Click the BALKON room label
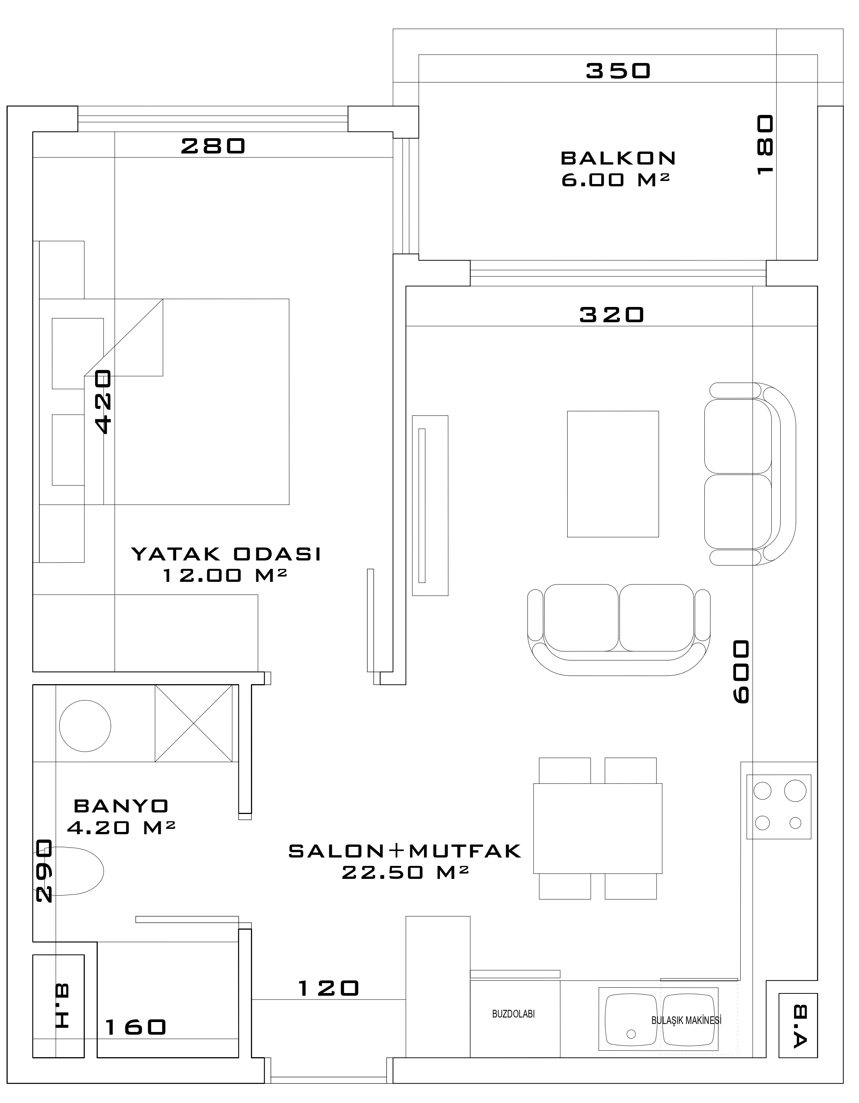coord(618,158)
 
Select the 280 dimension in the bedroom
coord(213,147)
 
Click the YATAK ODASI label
coord(226,554)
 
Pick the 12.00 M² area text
coord(225,575)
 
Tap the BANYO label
coord(121,806)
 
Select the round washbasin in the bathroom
coord(85,726)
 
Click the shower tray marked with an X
coord(194,723)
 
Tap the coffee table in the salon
coord(613,474)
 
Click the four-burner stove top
coord(779,807)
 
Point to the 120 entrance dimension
coord(329,988)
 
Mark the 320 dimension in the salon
coord(611,315)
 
